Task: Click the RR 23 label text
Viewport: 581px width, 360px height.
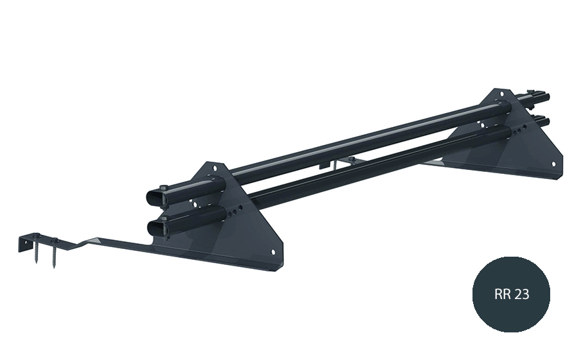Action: [x=511, y=294]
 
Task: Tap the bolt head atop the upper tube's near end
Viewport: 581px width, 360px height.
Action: [x=164, y=187]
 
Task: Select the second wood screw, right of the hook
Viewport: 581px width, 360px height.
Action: [x=54, y=253]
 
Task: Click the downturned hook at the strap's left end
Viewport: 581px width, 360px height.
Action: [x=24, y=243]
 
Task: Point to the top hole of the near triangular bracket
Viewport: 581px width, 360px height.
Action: [x=214, y=168]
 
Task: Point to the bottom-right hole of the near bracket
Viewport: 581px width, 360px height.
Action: [x=273, y=252]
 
